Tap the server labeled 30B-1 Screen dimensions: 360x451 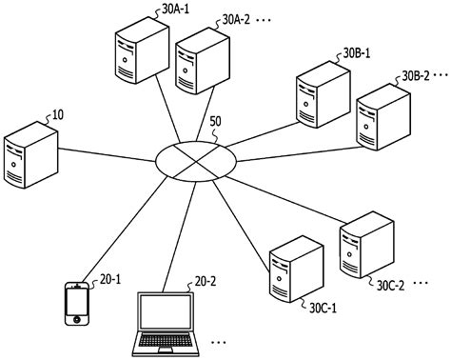tap(320, 95)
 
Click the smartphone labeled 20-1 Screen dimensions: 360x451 tap(77, 302)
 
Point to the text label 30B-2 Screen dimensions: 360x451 tap(421, 74)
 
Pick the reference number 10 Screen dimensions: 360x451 tap(57, 115)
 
